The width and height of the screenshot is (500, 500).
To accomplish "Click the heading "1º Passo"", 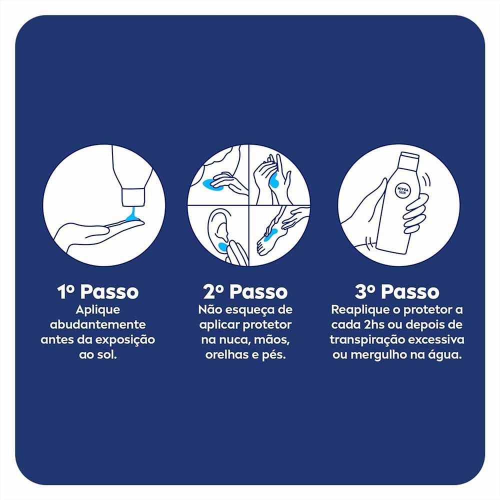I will pyautogui.click(x=98, y=292).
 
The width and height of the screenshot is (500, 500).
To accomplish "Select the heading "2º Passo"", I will pyautogui.click(x=245, y=292).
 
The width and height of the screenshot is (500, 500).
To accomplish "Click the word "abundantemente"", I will pyautogui.click(x=98, y=325).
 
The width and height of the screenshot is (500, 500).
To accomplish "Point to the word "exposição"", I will pyautogui.click(x=127, y=340).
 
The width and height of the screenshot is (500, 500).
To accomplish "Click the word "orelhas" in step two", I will pyautogui.click(x=224, y=355).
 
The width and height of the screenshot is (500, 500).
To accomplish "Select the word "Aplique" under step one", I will pyautogui.click(x=98, y=309).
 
